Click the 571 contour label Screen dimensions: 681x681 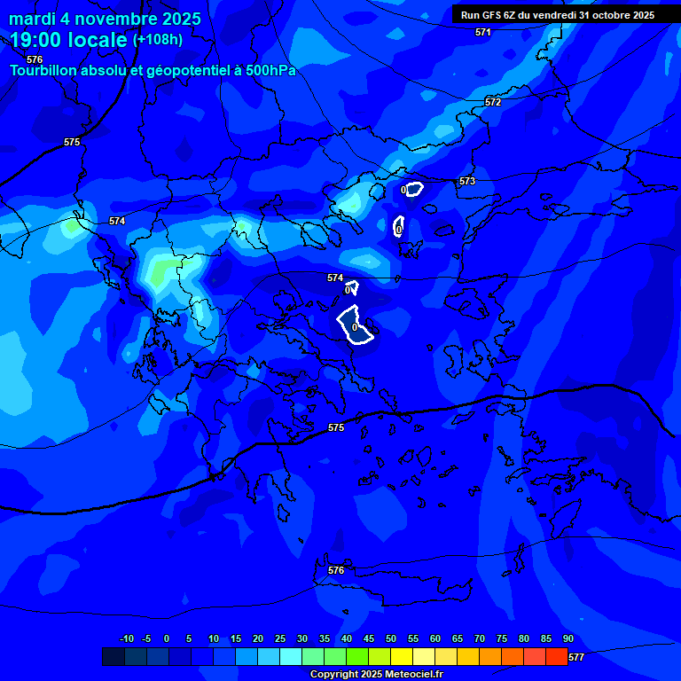tap(482, 32)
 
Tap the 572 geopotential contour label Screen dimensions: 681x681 tap(493, 102)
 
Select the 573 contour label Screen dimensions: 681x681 tap(467, 181)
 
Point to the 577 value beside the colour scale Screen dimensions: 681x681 tap(575, 657)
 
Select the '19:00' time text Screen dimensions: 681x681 tap(35, 40)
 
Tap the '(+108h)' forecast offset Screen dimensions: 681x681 tap(158, 40)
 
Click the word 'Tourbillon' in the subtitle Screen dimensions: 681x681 tap(45, 70)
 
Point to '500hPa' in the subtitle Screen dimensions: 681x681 tap(270, 70)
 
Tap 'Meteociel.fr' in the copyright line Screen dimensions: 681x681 tap(414, 675)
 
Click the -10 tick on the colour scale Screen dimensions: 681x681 tap(126, 639)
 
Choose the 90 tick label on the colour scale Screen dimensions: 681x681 tap(568, 639)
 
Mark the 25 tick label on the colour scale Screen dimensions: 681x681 tap(280, 639)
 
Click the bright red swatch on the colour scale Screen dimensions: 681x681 tap(557, 657)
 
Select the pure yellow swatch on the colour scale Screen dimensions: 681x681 tap(402, 657)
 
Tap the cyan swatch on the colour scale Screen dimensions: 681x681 tap(291, 657)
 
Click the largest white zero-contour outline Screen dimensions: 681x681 tap(356, 325)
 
